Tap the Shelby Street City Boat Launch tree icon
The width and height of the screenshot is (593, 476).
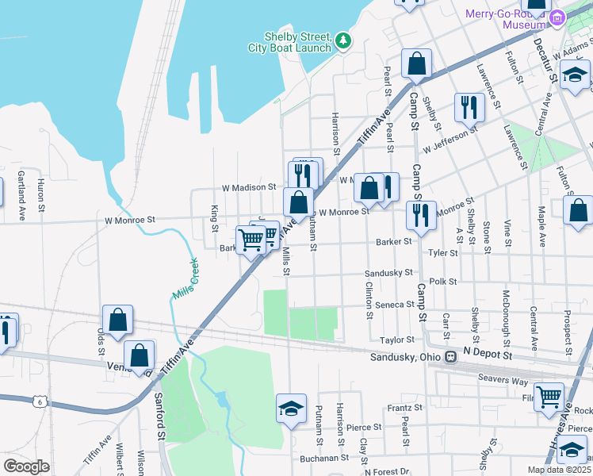[343, 40]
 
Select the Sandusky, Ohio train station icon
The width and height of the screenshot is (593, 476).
[450, 357]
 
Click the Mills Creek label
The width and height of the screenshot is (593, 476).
[186, 282]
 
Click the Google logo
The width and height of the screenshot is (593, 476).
[26, 466]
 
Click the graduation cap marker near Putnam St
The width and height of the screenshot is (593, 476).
[291, 409]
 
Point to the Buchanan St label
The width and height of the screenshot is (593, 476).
[324, 458]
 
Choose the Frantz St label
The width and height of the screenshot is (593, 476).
[404, 407]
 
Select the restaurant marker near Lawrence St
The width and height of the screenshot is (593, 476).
[469, 106]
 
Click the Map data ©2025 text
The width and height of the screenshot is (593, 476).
[558, 470]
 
